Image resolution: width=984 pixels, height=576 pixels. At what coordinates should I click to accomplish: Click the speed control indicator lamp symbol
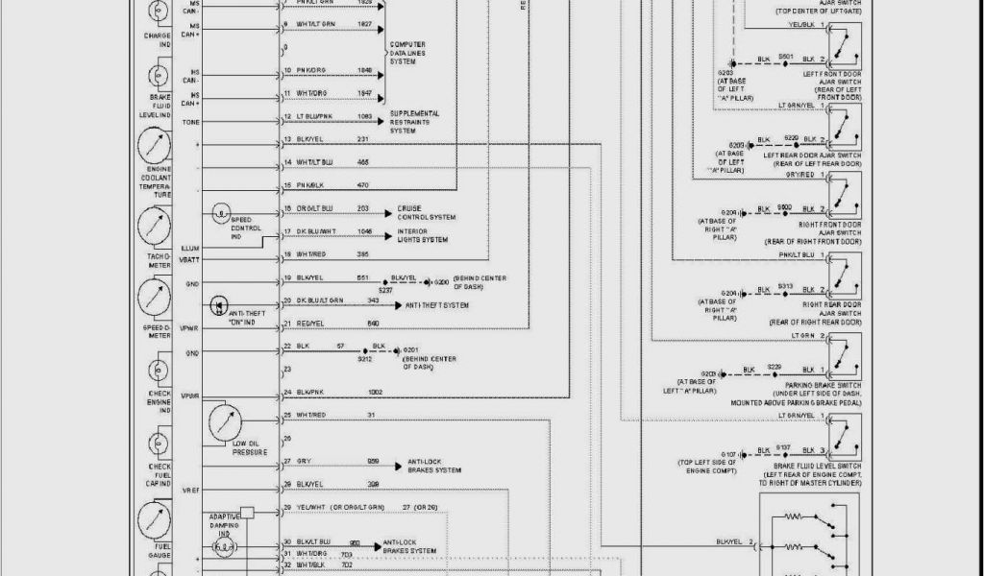click(222, 210)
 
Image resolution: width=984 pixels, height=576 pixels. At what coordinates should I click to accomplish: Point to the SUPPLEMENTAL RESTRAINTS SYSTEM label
click(414, 122)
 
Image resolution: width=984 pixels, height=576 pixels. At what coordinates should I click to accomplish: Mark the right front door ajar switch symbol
click(845, 196)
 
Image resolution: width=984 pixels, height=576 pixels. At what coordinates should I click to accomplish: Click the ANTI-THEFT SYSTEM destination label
click(437, 305)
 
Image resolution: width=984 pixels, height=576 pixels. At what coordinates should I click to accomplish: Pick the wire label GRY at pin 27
click(304, 462)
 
